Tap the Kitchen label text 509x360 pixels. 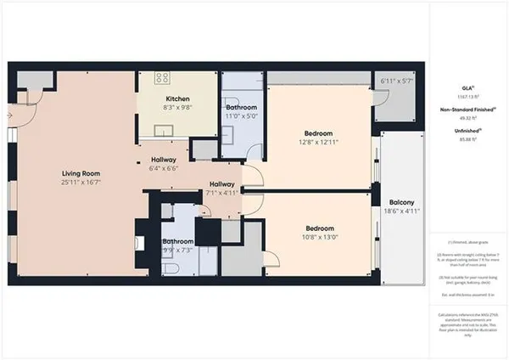pyautogui.click(x=178, y=98)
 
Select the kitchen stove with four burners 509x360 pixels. pyautogui.click(x=161, y=77)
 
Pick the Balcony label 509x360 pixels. pyautogui.click(x=402, y=202)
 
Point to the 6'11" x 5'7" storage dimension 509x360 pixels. pyautogui.click(x=396, y=81)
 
